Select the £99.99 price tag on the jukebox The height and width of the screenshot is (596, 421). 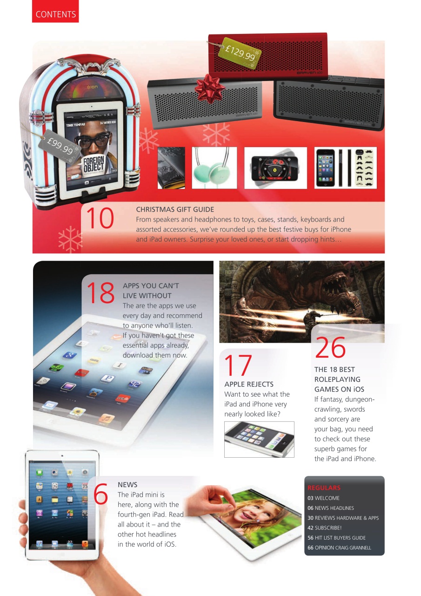(60, 144)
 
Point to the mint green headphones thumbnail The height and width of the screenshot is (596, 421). (214, 168)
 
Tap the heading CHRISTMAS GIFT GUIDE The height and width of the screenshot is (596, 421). (175, 210)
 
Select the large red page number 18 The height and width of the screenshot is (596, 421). (100, 292)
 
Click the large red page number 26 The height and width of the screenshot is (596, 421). (330, 347)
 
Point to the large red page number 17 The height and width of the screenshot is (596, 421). (238, 365)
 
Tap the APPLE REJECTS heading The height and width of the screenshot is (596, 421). (249, 384)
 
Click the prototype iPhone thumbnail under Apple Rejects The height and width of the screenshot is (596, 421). (259, 439)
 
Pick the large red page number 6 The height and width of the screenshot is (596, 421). (100, 494)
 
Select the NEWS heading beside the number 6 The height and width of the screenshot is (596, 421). (127, 485)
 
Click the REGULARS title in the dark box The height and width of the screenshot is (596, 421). (324, 488)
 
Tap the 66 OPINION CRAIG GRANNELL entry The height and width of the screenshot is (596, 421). (339, 548)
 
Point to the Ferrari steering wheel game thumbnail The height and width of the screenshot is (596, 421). (275, 168)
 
